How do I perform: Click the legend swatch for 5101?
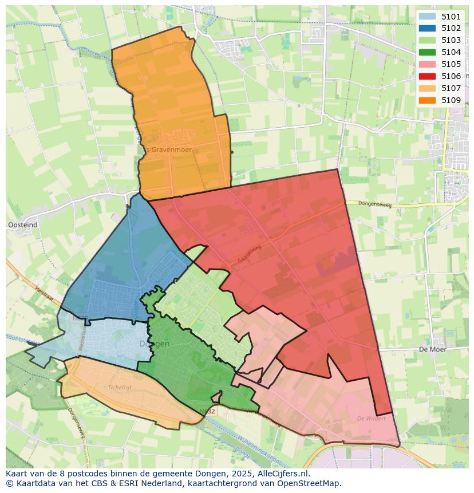(427, 17)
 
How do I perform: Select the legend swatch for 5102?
(427, 28)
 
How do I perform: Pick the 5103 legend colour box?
(427, 40)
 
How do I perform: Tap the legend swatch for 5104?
(427, 52)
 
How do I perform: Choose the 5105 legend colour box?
(427, 64)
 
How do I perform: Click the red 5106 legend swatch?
(427, 76)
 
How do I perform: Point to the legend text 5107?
(451, 88)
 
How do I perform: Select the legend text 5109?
(451, 100)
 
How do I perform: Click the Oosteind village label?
(23, 225)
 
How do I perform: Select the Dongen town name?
(155, 344)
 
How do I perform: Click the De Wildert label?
(371, 419)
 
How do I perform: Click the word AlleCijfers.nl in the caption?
(285, 474)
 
